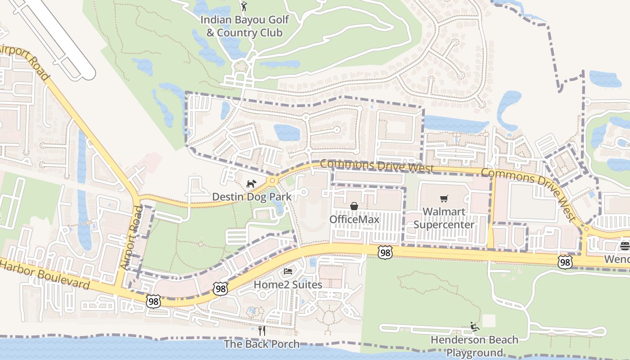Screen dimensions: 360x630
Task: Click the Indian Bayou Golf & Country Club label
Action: point(244,27)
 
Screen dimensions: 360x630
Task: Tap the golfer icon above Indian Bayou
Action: point(244,6)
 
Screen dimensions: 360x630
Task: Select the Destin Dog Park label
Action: point(252,197)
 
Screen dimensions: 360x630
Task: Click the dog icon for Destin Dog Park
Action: point(251,184)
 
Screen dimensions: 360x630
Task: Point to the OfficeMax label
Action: point(354,219)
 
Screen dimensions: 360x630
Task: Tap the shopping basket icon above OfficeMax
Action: point(354,206)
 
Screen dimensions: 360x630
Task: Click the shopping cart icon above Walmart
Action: point(444,198)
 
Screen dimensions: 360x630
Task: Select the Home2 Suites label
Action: point(288,284)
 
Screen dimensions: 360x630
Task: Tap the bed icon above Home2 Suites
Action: point(288,271)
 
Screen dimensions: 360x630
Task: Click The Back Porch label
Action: point(261,344)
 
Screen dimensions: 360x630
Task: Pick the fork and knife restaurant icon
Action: point(262,331)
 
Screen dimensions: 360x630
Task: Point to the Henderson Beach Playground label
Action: point(474,346)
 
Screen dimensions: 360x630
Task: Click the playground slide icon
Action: point(474,326)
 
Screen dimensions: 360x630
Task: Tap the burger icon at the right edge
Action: point(625,246)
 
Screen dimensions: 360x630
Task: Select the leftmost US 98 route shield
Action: point(153,301)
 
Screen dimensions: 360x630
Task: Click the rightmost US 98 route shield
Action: point(565,262)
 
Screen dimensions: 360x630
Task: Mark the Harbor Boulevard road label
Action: point(45,274)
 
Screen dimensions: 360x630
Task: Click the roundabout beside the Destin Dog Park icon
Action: point(271,181)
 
